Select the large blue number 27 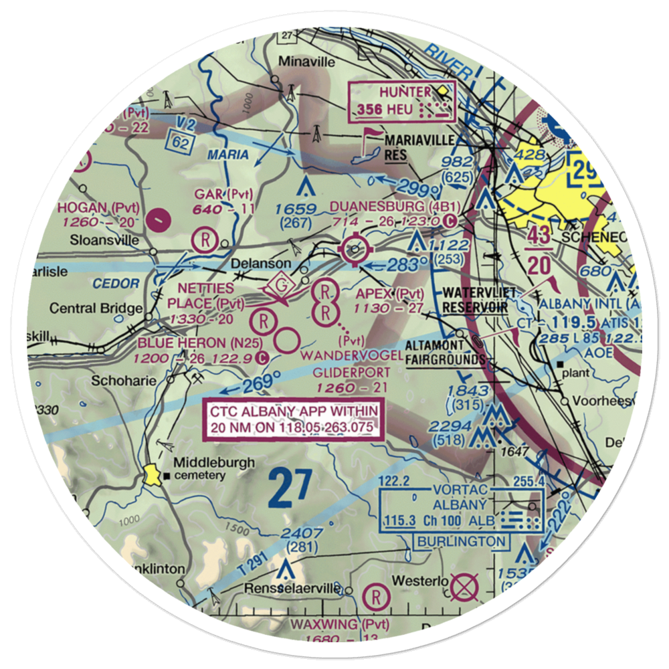(x=291, y=488)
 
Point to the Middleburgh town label (x=205, y=462)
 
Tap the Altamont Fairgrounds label (x=446, y=353)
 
